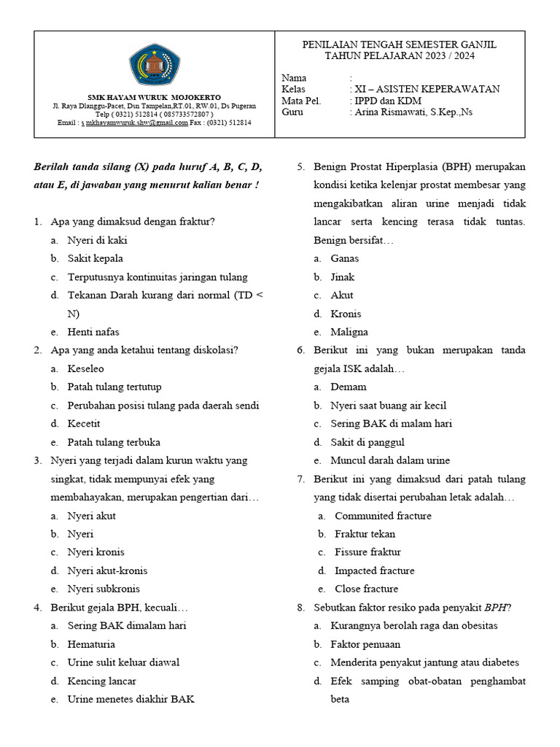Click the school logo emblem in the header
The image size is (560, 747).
tap(153, 64)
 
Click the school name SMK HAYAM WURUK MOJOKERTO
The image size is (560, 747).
tap(154, 97)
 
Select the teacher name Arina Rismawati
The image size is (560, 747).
tap(413, 112)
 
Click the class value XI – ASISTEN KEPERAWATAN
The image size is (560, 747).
tap(427, 89)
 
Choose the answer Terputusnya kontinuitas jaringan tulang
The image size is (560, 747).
tap(157, 277)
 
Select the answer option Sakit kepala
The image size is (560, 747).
tap(96, 258)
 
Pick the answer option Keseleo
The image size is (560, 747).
tap(86, 368)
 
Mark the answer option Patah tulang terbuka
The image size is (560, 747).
tap(114, 442)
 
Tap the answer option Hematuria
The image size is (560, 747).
tap(91, 644)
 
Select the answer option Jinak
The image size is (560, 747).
tap(343, 277)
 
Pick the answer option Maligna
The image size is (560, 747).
tap(349, 332)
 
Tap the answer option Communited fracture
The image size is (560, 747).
tap(383, 516)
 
